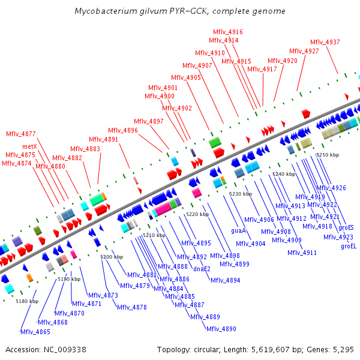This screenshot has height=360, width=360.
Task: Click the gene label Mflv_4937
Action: tap(325, 42)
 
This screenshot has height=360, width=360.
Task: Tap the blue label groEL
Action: tap(349, 246)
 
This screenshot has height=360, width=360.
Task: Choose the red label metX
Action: tap(30, 146)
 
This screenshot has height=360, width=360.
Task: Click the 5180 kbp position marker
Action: tap(26, 301)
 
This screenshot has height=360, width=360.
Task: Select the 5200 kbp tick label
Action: tap(111, 257)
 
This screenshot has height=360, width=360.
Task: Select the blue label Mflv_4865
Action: tap(35, 332)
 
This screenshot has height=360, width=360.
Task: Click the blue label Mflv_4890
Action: tap(221, 329)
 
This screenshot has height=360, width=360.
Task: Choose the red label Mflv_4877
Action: tap(21, 134)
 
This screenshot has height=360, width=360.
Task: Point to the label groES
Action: tap(346, 227)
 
